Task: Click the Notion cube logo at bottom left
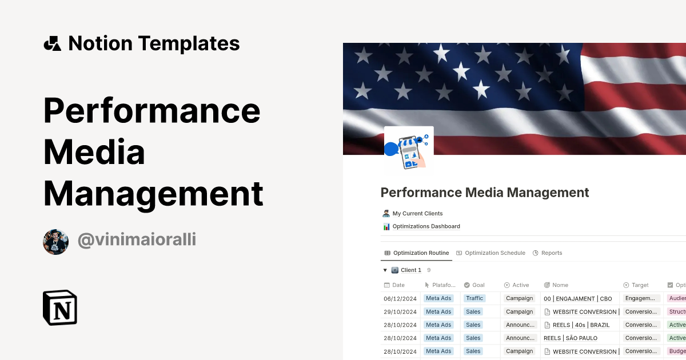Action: pos(60,307)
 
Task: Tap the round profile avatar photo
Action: pos(55,242)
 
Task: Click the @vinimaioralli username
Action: pos(137,240)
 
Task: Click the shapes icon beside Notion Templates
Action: pos(52,43)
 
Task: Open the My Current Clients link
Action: pos(417,214)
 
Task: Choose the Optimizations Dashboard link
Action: pos(426,226)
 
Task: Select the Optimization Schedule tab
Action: pos(494,253)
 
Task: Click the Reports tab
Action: pos(551,253)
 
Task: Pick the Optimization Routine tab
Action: pos(421,253)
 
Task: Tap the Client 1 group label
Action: pos(410,270)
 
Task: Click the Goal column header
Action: pos(478,285)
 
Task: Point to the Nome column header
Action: pos(560,285)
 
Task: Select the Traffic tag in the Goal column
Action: pos(474,298)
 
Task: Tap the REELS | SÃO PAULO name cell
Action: pos(570,338)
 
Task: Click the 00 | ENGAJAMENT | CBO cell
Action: pos(577,298)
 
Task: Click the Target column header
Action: pos(640,285)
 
